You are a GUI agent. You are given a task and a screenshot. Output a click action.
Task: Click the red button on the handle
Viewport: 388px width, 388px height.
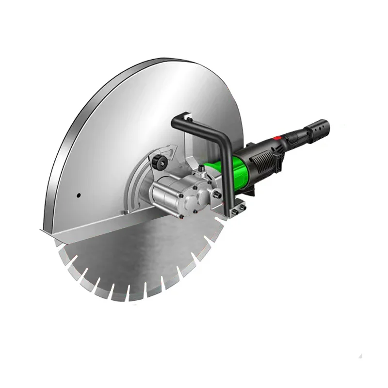click(x=277, y=138)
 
